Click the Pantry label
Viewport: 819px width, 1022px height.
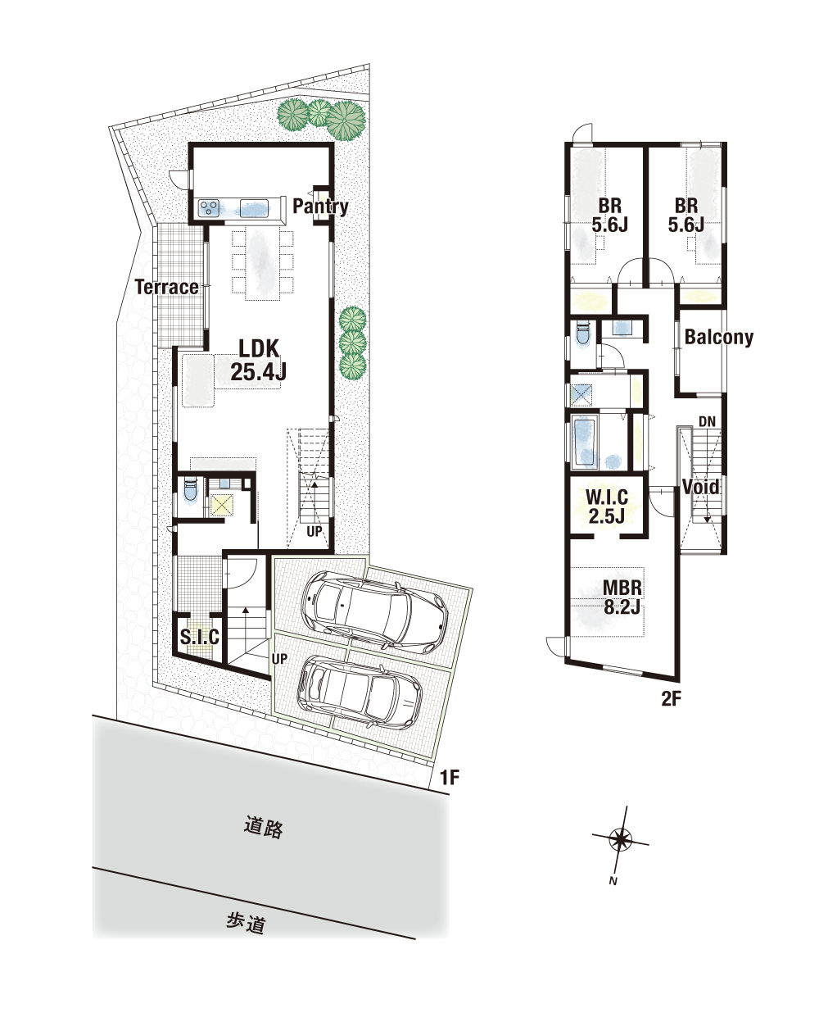[x=320, y=206]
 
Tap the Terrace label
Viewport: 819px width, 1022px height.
[x=166, y=287]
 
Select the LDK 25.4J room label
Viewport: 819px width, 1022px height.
[x=259, y=360]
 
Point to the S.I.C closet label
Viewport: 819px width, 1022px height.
[x=200, y=637]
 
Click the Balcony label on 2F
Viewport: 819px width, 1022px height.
[x=719, y=337]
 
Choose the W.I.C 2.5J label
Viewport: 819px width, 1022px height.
[x=607, y=506]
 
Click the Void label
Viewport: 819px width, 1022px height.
[x=700, y=487]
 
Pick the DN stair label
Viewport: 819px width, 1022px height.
[x=707, y=422]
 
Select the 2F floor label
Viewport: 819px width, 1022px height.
[x=671, y=698]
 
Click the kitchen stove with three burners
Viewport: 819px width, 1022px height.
[x=209, y=207]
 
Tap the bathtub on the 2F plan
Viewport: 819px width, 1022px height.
[x=584, y=442]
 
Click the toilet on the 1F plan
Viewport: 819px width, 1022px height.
[x=190, y=490]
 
